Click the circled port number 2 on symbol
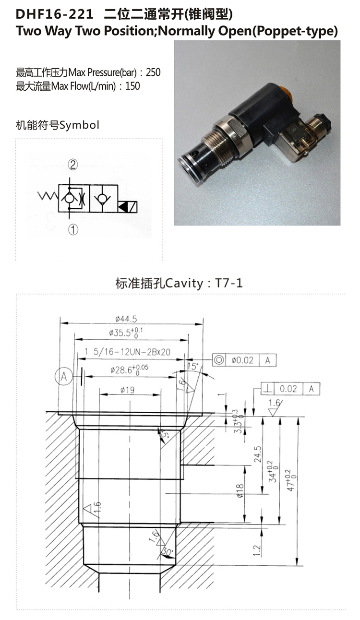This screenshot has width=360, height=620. (x=72, y=165)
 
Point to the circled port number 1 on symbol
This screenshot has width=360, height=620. (x=72, y=229)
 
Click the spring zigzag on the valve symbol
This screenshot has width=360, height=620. (x=48, y=196)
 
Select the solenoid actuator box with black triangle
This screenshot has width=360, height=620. (x=129, y=207)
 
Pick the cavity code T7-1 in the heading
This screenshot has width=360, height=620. (x=229, y=283)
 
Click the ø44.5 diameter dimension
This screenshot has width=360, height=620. (x=126, y=319)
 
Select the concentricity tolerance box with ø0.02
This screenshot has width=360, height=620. (x=244, y=360)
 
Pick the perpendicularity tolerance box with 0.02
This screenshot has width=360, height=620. (x=290, y=389)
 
